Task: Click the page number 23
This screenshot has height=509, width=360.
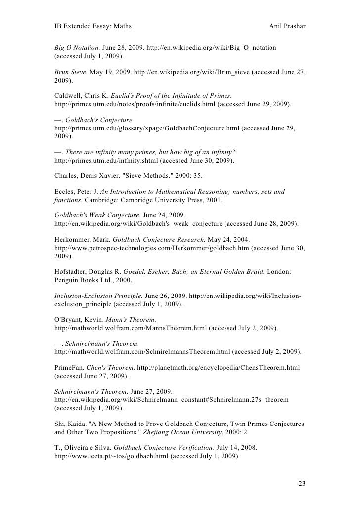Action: point(302,483)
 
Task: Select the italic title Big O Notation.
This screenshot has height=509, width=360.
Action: point(77,48)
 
